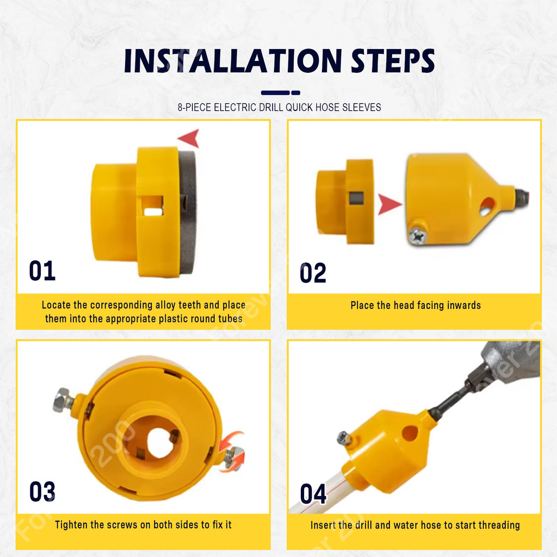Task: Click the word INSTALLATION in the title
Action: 233,61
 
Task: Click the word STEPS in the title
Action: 393,61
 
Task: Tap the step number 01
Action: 42,271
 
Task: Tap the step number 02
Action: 313,273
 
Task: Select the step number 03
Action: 42,491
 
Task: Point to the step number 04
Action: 313,494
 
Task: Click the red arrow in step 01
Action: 189,138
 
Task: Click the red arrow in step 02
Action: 389,205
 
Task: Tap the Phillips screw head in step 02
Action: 417,236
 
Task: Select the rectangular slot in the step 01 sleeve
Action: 152,206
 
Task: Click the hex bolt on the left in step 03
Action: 63,400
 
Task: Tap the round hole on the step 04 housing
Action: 410,434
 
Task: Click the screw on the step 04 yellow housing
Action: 344,438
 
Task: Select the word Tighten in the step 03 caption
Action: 71,525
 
